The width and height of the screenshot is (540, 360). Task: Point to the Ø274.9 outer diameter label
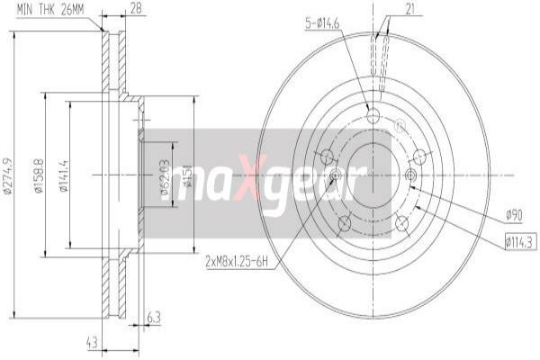point(9,176)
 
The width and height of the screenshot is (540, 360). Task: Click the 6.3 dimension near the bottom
point(153,316)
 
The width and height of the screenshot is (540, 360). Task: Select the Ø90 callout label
point(514,215)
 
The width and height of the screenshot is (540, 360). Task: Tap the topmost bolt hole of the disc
point(373,115)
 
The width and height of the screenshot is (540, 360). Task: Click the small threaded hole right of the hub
point(411,175)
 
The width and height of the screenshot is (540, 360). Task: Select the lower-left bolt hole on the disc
point(344,222)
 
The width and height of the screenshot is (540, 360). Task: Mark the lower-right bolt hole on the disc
point(401,221)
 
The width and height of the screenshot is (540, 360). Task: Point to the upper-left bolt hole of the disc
point(328,158)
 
